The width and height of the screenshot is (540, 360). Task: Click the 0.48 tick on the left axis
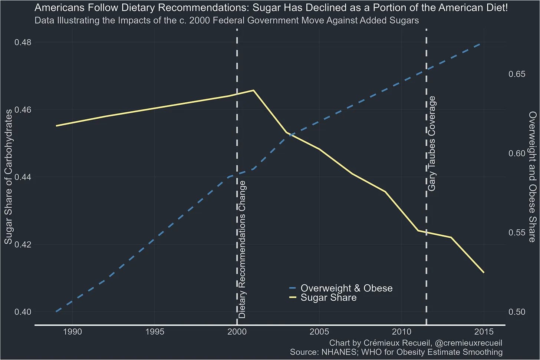23,42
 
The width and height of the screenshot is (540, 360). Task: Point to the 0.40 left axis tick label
23,312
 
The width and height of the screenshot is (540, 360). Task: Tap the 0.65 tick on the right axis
517,74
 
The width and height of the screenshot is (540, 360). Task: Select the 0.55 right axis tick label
517,232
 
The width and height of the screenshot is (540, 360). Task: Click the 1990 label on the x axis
72,332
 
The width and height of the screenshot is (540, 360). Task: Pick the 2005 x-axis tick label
319,332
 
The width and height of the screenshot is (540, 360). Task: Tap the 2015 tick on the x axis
484,332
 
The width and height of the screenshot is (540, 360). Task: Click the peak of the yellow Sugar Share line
253,90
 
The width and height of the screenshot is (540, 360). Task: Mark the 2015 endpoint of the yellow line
484,273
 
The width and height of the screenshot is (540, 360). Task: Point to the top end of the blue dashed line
480,44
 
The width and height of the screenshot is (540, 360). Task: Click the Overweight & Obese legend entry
341,288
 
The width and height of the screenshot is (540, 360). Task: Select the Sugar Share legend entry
323,298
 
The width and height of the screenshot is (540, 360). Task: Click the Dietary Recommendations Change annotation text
242,250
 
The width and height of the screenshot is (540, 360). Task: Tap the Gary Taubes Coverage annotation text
432,144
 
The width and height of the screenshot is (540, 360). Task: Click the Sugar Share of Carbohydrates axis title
9,177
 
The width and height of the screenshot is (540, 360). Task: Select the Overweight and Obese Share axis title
532,177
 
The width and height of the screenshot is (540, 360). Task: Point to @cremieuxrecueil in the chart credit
473,343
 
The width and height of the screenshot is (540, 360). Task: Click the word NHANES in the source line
339,352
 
